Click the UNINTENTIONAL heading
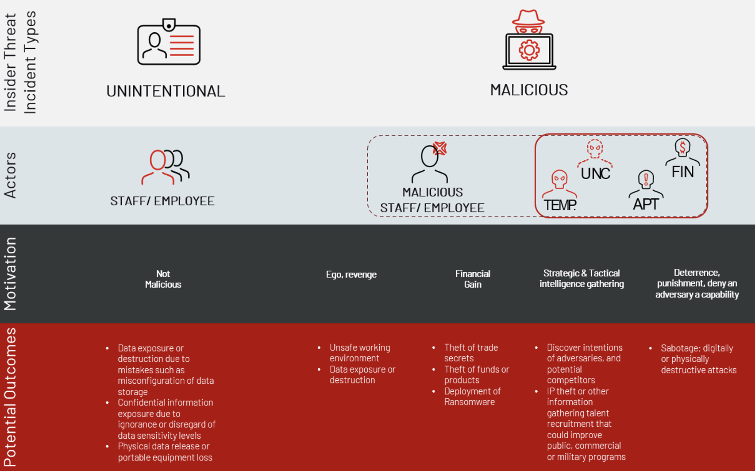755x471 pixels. coord(166,91)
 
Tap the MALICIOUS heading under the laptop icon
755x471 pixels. coord(529,90)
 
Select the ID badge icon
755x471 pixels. coord(169,42)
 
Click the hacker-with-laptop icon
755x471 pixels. coord(529,40)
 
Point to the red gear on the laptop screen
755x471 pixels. coord(529,50)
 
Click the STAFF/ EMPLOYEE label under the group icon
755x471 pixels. coord(162,201)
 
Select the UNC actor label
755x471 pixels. coord(595,174)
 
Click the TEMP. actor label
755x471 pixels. coord(560,205)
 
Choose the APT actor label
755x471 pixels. coord(646,204)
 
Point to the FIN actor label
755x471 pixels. coord(682,172)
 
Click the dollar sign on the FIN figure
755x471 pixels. coord(682,147)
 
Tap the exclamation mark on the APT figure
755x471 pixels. coord(646,179)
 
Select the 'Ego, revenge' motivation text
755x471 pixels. coord(351,274)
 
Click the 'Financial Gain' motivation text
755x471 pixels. coord(473,279)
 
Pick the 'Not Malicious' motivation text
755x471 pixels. coord(163,279)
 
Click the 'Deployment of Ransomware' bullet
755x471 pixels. coord(472,397)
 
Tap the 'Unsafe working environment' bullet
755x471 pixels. coord(359,353)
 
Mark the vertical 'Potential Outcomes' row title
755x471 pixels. coord(10,397)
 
